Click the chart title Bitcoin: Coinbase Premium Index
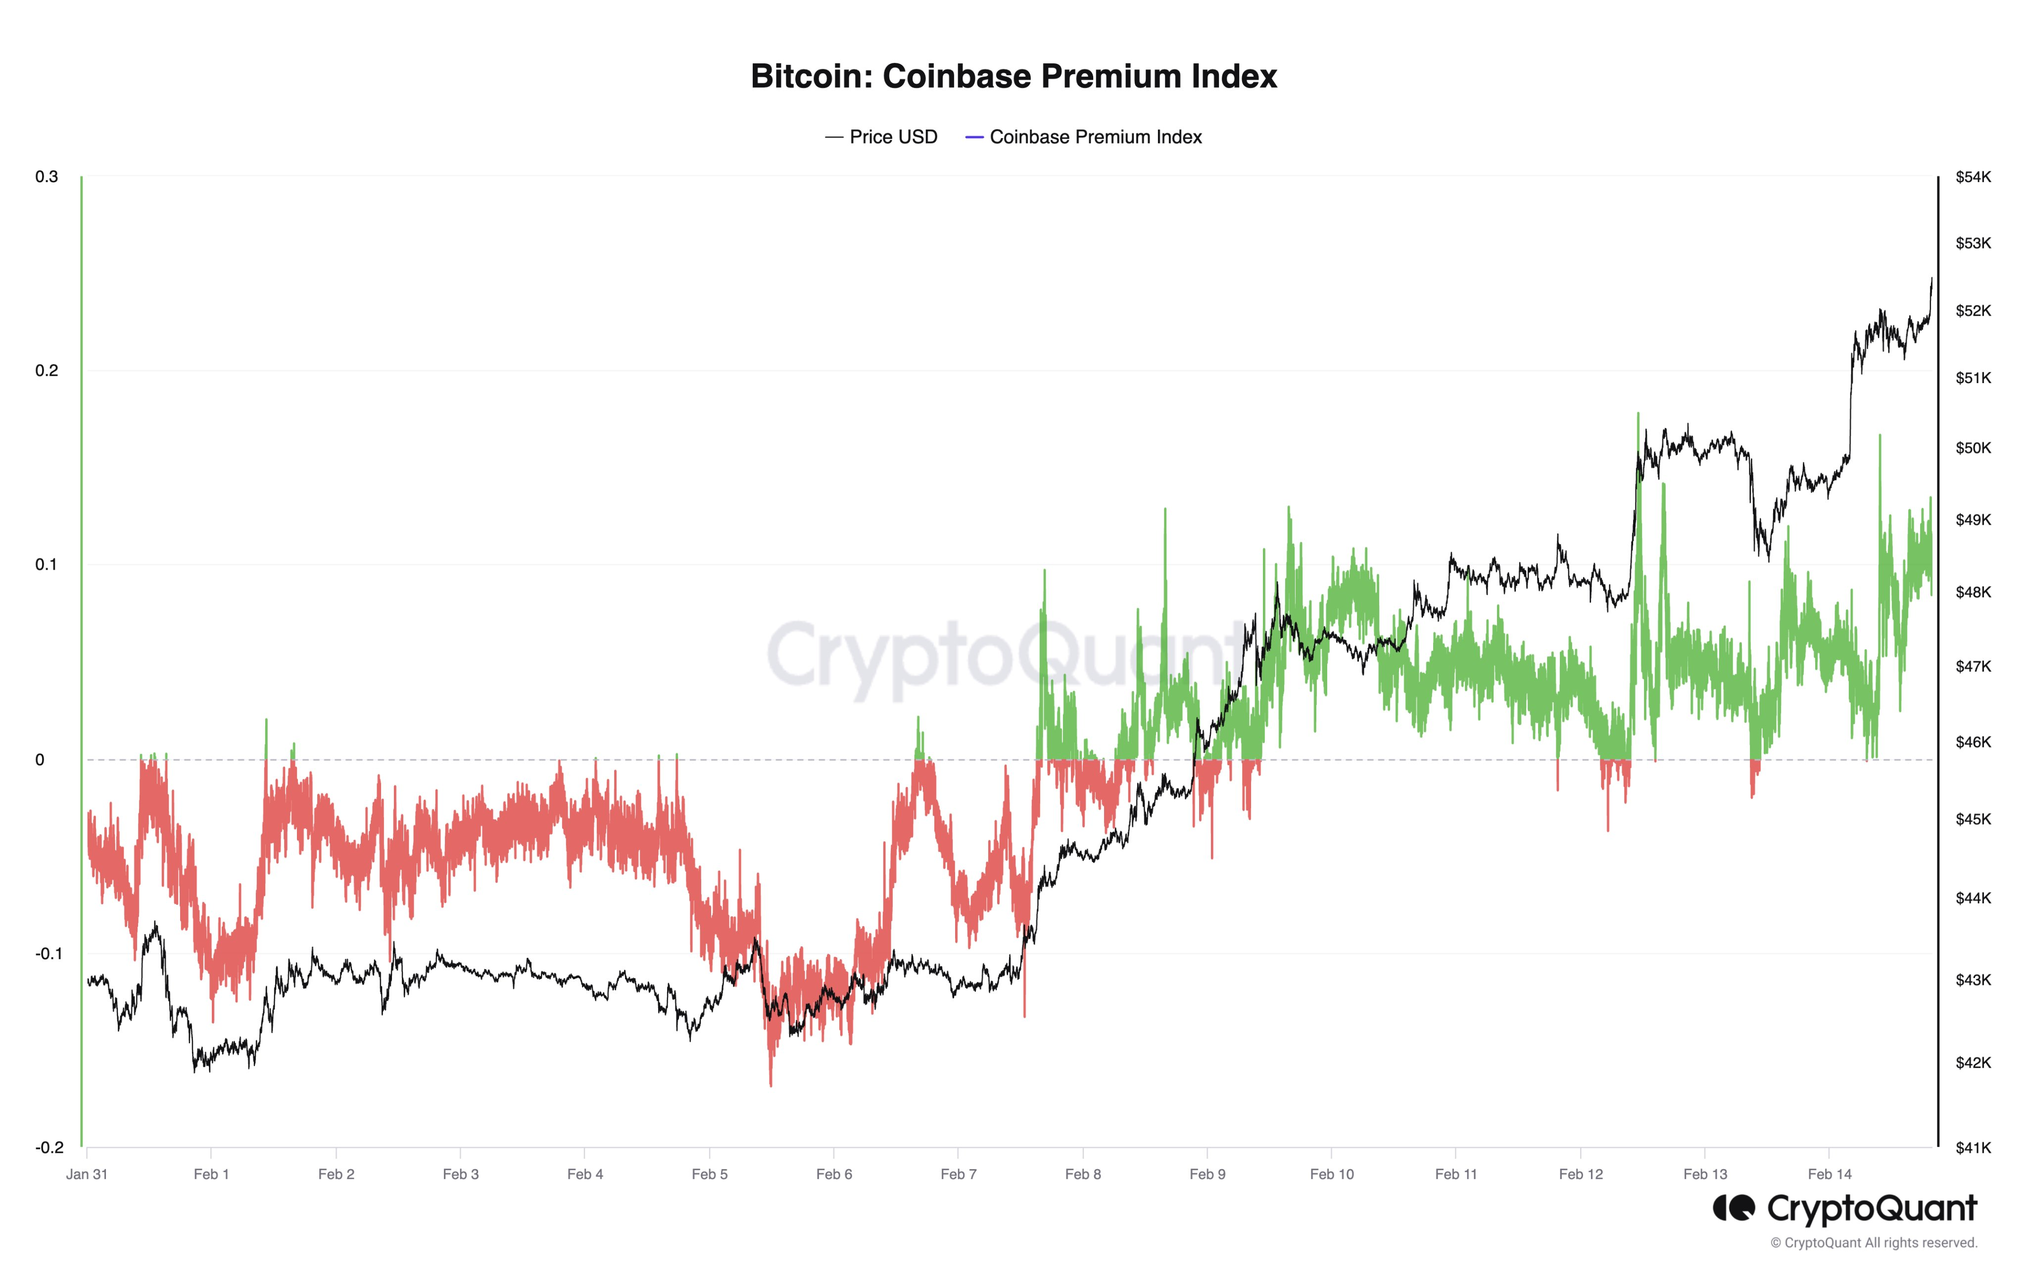pos(1013,76)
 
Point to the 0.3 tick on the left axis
pos(47,177)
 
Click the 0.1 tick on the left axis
pos(47,564)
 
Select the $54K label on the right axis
pos(1973,177)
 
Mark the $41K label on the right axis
pos(1973,1147)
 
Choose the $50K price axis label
pos(1973,448)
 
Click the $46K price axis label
pos(1973,741)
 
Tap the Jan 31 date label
pos(87,1175)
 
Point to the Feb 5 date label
pos(710,1175)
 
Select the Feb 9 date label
pos(1207,1175)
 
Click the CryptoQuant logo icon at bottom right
pos(1734,1208)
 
